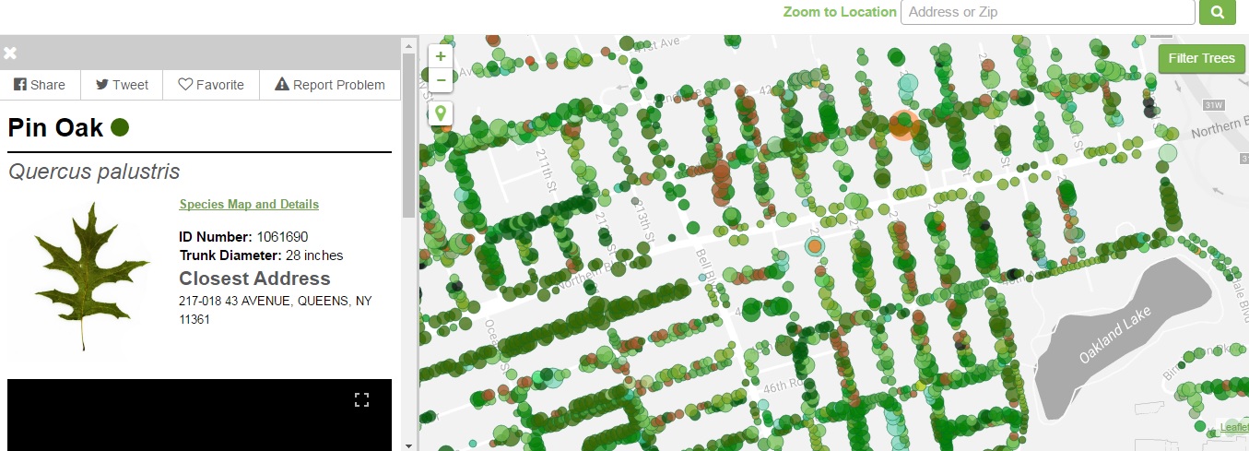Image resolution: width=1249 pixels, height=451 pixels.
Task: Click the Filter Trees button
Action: point(1201,58)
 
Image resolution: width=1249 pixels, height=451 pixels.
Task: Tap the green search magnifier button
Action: point(1217,12)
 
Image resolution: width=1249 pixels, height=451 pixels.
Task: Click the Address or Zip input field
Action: point(1047,12)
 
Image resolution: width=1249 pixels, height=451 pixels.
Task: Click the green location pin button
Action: point(441,113)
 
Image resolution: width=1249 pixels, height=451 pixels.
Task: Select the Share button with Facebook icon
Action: point(40,85)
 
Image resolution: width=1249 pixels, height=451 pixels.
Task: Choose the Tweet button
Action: point(122,85)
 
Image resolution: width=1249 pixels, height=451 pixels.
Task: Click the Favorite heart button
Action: point(211,85)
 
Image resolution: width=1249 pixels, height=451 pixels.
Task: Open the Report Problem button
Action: point(330,85)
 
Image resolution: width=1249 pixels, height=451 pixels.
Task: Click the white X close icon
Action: point(10,53)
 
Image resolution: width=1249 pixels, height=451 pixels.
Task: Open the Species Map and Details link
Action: point(249,205)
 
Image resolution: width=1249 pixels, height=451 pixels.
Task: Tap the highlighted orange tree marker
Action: point(903,125)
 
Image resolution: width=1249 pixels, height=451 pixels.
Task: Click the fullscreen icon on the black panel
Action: point(361,399)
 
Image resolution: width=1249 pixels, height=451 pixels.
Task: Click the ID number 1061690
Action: point(282,237)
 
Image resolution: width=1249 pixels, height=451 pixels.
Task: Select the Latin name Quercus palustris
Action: point(94,172)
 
